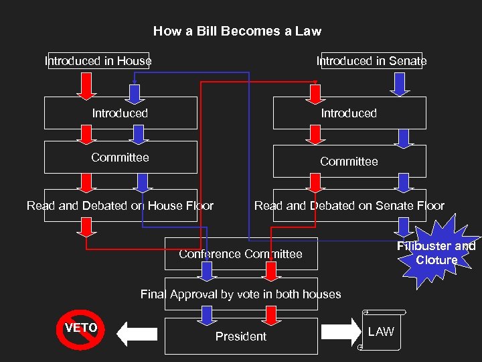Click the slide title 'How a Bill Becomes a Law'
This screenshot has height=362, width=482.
237,31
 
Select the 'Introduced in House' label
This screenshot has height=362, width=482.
98,61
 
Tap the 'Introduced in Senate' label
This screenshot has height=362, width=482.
372,61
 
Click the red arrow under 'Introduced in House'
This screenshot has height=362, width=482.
87,84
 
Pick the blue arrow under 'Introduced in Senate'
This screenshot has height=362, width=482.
401,83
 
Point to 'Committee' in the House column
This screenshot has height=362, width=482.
120,158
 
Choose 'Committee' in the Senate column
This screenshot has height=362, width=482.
349,162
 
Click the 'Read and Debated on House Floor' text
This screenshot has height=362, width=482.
120,206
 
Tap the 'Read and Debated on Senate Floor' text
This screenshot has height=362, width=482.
349,206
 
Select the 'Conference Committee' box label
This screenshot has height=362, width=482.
240,254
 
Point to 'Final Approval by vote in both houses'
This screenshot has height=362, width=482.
240,294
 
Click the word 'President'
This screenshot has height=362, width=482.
240,337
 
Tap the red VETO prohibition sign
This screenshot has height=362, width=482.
81,329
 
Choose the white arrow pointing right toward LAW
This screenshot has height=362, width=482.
341,331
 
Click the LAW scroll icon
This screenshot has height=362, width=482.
381,331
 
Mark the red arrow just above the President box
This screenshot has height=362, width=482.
270,314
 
